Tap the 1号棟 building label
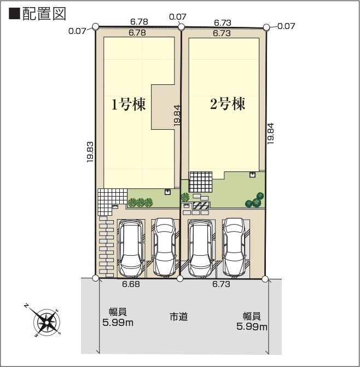(x=129, y=105)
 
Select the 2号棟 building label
(x=228, y=104)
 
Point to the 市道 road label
(x=178, y=317)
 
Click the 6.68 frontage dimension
(x=131, y=284)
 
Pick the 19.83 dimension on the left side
(x=90, y=152)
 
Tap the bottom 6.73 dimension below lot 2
(x=220, y=284)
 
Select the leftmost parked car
(x=131, y=248)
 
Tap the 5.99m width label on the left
(x=118, y=318)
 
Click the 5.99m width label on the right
(x=252, y=322)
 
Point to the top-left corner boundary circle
(x=96, y=26)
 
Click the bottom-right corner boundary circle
(x=265, y=279)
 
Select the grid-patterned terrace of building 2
(x=201, y=181)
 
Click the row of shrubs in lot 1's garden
(x=140, y=202)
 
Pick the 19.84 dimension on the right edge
(x=271, y=133)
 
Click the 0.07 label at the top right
(x=286, y=26)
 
